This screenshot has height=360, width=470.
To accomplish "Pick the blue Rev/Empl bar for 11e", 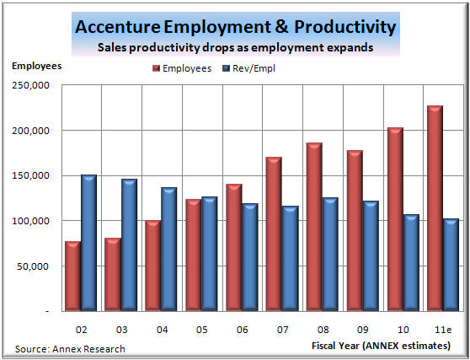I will point(451,265).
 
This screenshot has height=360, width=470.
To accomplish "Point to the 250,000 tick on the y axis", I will point(31,85).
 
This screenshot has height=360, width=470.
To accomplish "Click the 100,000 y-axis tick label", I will point(31,221).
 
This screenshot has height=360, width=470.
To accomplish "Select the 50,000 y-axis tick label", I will point(34,266).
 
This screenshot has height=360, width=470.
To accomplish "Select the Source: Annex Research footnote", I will point(70,348).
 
